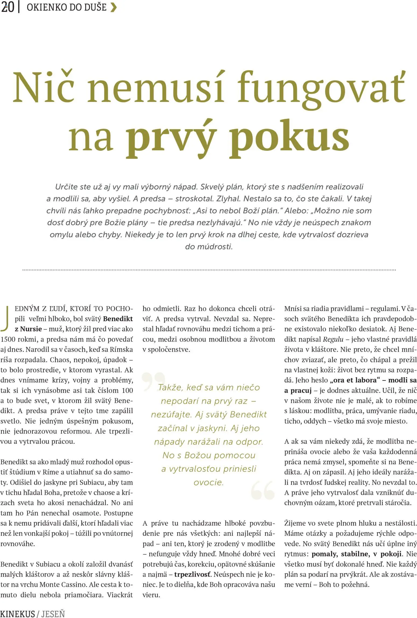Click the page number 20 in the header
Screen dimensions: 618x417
(x=7, y=7)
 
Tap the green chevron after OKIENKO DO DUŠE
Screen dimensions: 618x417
(x=114, y=7)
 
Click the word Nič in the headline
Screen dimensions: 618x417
(x=43, y=87)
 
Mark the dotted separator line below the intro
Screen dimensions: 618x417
(x=209, y=270)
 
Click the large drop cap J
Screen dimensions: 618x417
(x=5, y=318)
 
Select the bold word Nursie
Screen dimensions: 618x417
(x=31, y=329)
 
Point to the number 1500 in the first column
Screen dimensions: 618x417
(x=8, y=339)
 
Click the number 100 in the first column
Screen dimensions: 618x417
(x=127, y=390)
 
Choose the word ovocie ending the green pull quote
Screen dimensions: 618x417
(x=208, y=482)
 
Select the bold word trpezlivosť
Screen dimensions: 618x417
(x=192, y=574)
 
